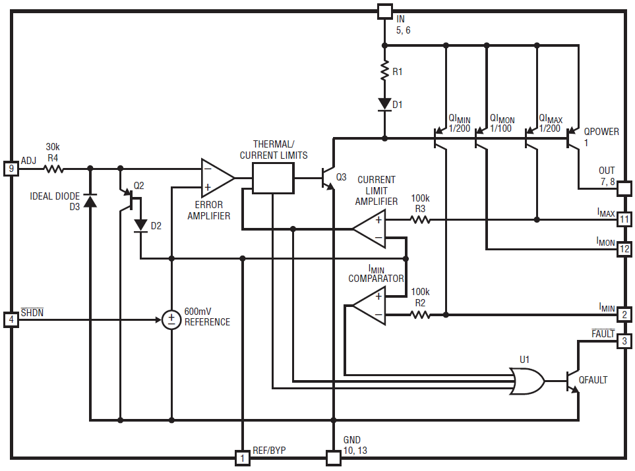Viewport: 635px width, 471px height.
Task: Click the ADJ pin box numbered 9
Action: coord(11,169)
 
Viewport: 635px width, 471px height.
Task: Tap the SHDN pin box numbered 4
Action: coord(11,319)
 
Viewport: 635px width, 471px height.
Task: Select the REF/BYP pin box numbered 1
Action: coord(242,458)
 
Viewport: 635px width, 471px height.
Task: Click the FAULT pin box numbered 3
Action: coord(624,341)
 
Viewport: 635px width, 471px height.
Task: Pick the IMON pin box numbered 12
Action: coord(624,249)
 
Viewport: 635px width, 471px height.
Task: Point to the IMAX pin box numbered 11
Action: coord(624,219)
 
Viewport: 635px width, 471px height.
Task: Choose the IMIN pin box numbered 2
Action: coord(624,314)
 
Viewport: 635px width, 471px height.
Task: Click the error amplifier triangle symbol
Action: coord(218,178)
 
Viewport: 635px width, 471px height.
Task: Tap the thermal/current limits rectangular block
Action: coord(273,178)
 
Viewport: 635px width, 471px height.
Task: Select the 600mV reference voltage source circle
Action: coord(171,319)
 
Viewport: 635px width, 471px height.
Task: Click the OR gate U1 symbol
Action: coord(526,381)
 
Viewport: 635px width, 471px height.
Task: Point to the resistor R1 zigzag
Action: coord(384,70)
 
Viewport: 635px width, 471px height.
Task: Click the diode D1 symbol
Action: coord(384,104)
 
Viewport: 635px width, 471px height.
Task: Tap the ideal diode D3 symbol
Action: coord(90,200)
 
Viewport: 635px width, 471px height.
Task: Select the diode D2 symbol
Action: coord(140,225)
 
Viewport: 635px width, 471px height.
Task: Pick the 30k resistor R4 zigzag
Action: coord(54,169)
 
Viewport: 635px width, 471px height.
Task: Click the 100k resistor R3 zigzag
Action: coord(420,220)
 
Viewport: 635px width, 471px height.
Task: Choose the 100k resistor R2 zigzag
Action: coord(420,314)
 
